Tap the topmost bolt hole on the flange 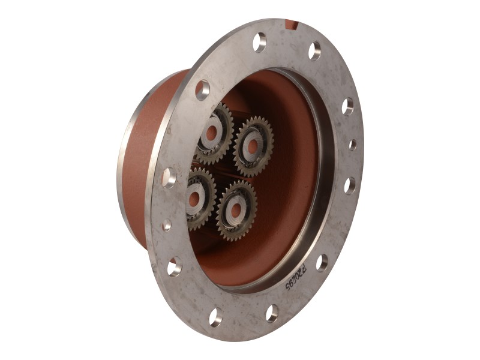(x=259, y=42)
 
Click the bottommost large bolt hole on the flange (x=215, y=316)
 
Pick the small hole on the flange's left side (x=167, y=225)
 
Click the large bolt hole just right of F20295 (x=322, y=262)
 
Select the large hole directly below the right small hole (x=349, y=185)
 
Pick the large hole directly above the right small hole (x=347, y=106)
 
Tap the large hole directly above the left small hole (x=169, y=178)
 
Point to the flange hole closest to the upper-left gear (x=203, y=89)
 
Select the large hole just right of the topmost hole (x=314, y=51)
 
